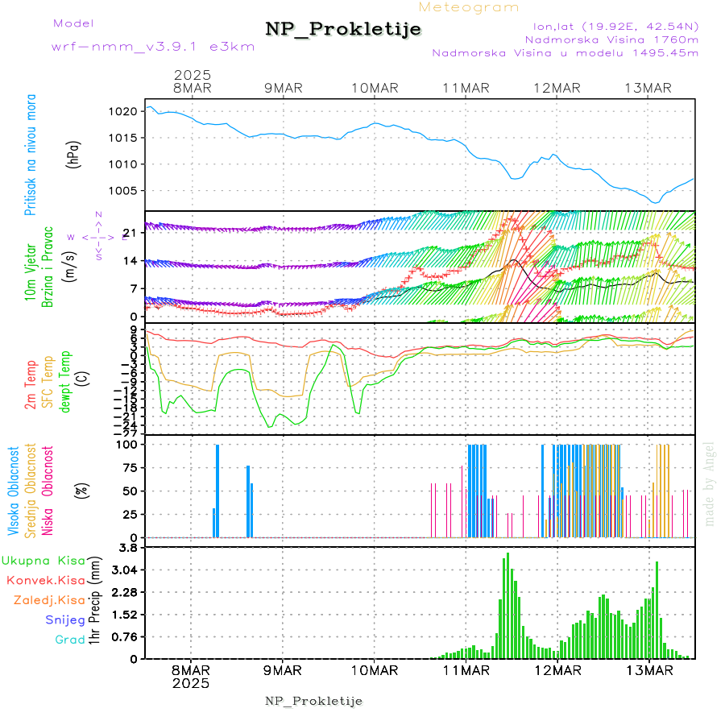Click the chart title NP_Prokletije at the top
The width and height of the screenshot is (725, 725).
tap(343, 30)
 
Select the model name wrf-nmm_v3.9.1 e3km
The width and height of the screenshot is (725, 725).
tap(153, 47)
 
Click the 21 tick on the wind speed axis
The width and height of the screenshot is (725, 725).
tap(129, 233)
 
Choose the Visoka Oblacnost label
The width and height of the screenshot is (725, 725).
tap(14, 491)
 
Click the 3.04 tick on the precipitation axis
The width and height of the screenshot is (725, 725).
tap(124, 570)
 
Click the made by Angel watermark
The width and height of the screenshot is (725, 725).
tap(710, 483)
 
